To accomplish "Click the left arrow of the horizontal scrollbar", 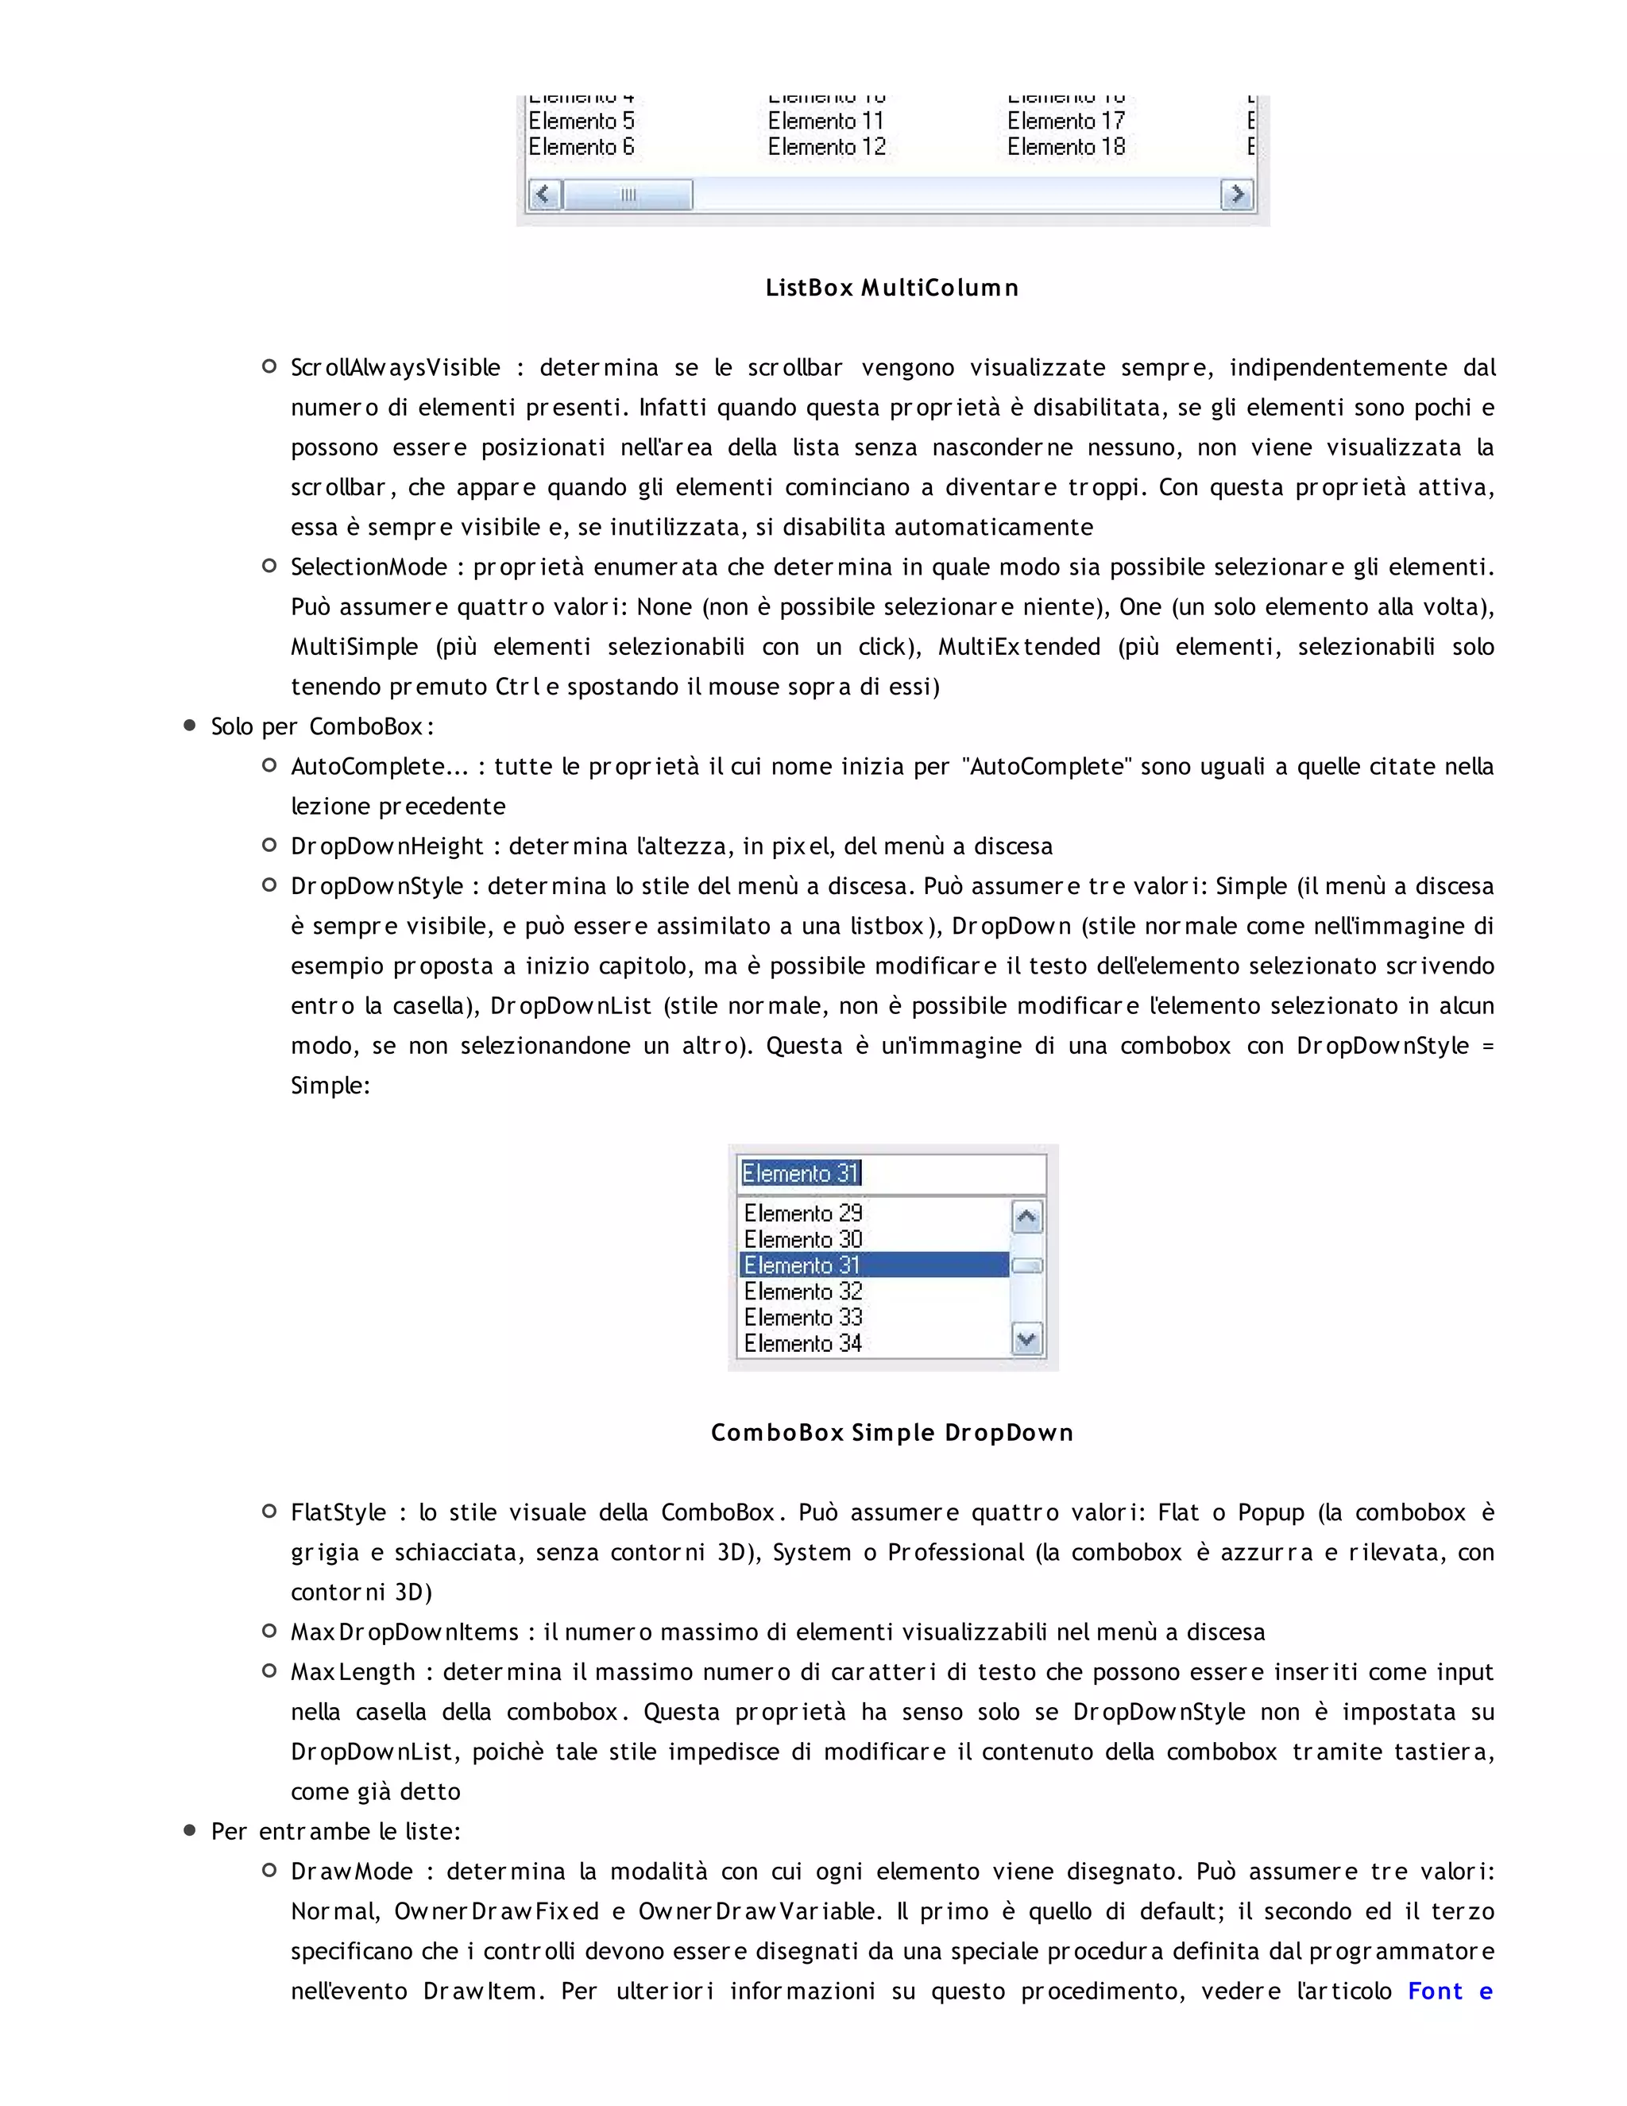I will pyautogui.click(x=544, y=195).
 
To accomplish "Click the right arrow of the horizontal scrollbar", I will pyautogui.click(x=1237, y=195).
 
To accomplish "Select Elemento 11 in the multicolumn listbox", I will pyautogui.click(x=825, y=122).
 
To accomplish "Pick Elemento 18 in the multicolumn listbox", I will pyautogui.click(x=1066, y=148).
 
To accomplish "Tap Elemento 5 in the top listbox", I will pyautogui.click(x=582, y=122).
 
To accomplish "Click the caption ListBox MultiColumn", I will pyautogui.click(x=891, y=288).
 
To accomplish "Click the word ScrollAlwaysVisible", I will pyautogui.click(x=395, y=367).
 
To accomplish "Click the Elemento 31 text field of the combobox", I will pyautogui.click(x=891, y=1174).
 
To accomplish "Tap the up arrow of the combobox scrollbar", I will pyautogui.click(x=1026, y=1217).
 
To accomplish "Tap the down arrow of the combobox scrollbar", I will pyautogui.click(x=1026, y=1339).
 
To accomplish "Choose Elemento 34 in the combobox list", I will pyautogui.click(x=803, y=1343).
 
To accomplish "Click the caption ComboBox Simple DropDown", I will pyautogui.click(x=891, y=1433).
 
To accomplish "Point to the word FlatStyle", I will pyautogui.click(x=338, y=1513).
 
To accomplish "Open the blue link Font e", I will pyautogui.click(x=1450, y=1992).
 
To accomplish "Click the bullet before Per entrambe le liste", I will pyautogui.click(x=190, y=1830).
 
